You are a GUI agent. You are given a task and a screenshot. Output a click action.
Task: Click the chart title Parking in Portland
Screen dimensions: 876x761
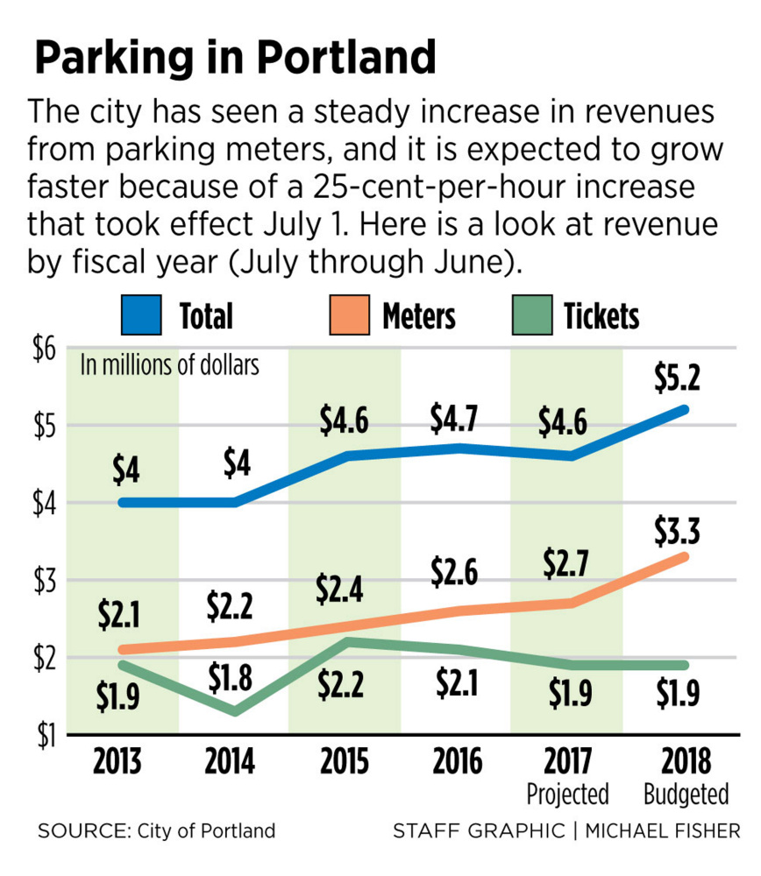[x=234, y=58]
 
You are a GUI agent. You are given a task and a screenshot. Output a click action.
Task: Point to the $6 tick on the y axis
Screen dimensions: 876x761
[x=44, y=350]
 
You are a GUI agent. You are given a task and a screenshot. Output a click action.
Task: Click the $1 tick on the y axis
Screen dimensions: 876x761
[x=44, y=734]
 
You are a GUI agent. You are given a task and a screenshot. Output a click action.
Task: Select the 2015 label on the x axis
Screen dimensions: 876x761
[x=344, y=760]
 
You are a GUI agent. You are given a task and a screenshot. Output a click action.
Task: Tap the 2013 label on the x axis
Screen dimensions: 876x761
[x=120, y=760]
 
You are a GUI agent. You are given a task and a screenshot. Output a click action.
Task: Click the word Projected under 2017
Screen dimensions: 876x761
[x=567, y=795]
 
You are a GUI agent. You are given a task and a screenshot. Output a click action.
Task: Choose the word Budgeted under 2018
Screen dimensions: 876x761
[x=686, y=795]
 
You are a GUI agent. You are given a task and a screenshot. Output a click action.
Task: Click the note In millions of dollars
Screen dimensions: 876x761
[x=170, y=364]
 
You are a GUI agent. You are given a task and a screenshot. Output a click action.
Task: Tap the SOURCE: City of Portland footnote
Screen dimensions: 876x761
[x=156, y=830]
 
